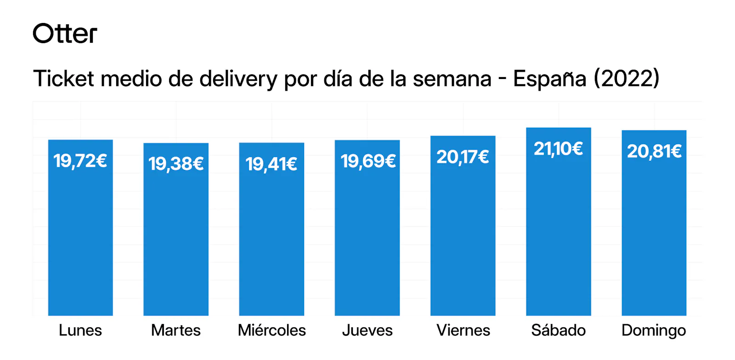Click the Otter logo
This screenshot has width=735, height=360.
(65, 34)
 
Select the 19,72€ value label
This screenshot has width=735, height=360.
(80, 161)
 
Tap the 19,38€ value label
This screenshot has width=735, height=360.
(176, 164)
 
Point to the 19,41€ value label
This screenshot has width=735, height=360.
(271, 164)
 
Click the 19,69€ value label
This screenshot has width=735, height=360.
(368, 161)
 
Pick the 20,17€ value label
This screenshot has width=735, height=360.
(463, 157)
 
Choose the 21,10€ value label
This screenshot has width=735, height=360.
(558, 149)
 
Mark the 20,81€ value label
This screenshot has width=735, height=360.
(654, 151)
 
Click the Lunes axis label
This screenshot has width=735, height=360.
(80, 330)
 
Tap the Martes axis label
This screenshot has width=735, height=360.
(176, 330)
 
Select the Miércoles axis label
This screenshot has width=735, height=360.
(272, 330)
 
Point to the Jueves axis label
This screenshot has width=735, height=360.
(367, 331)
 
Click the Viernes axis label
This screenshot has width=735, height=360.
(463, 330)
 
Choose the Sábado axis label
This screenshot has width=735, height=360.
(559, 330)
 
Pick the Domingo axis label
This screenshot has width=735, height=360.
(654, 331)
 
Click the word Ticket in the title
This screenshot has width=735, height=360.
(63, 79)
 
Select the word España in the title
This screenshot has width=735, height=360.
(549, 79)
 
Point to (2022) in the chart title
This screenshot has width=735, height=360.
(627, 79)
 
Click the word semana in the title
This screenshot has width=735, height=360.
(452, 79)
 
